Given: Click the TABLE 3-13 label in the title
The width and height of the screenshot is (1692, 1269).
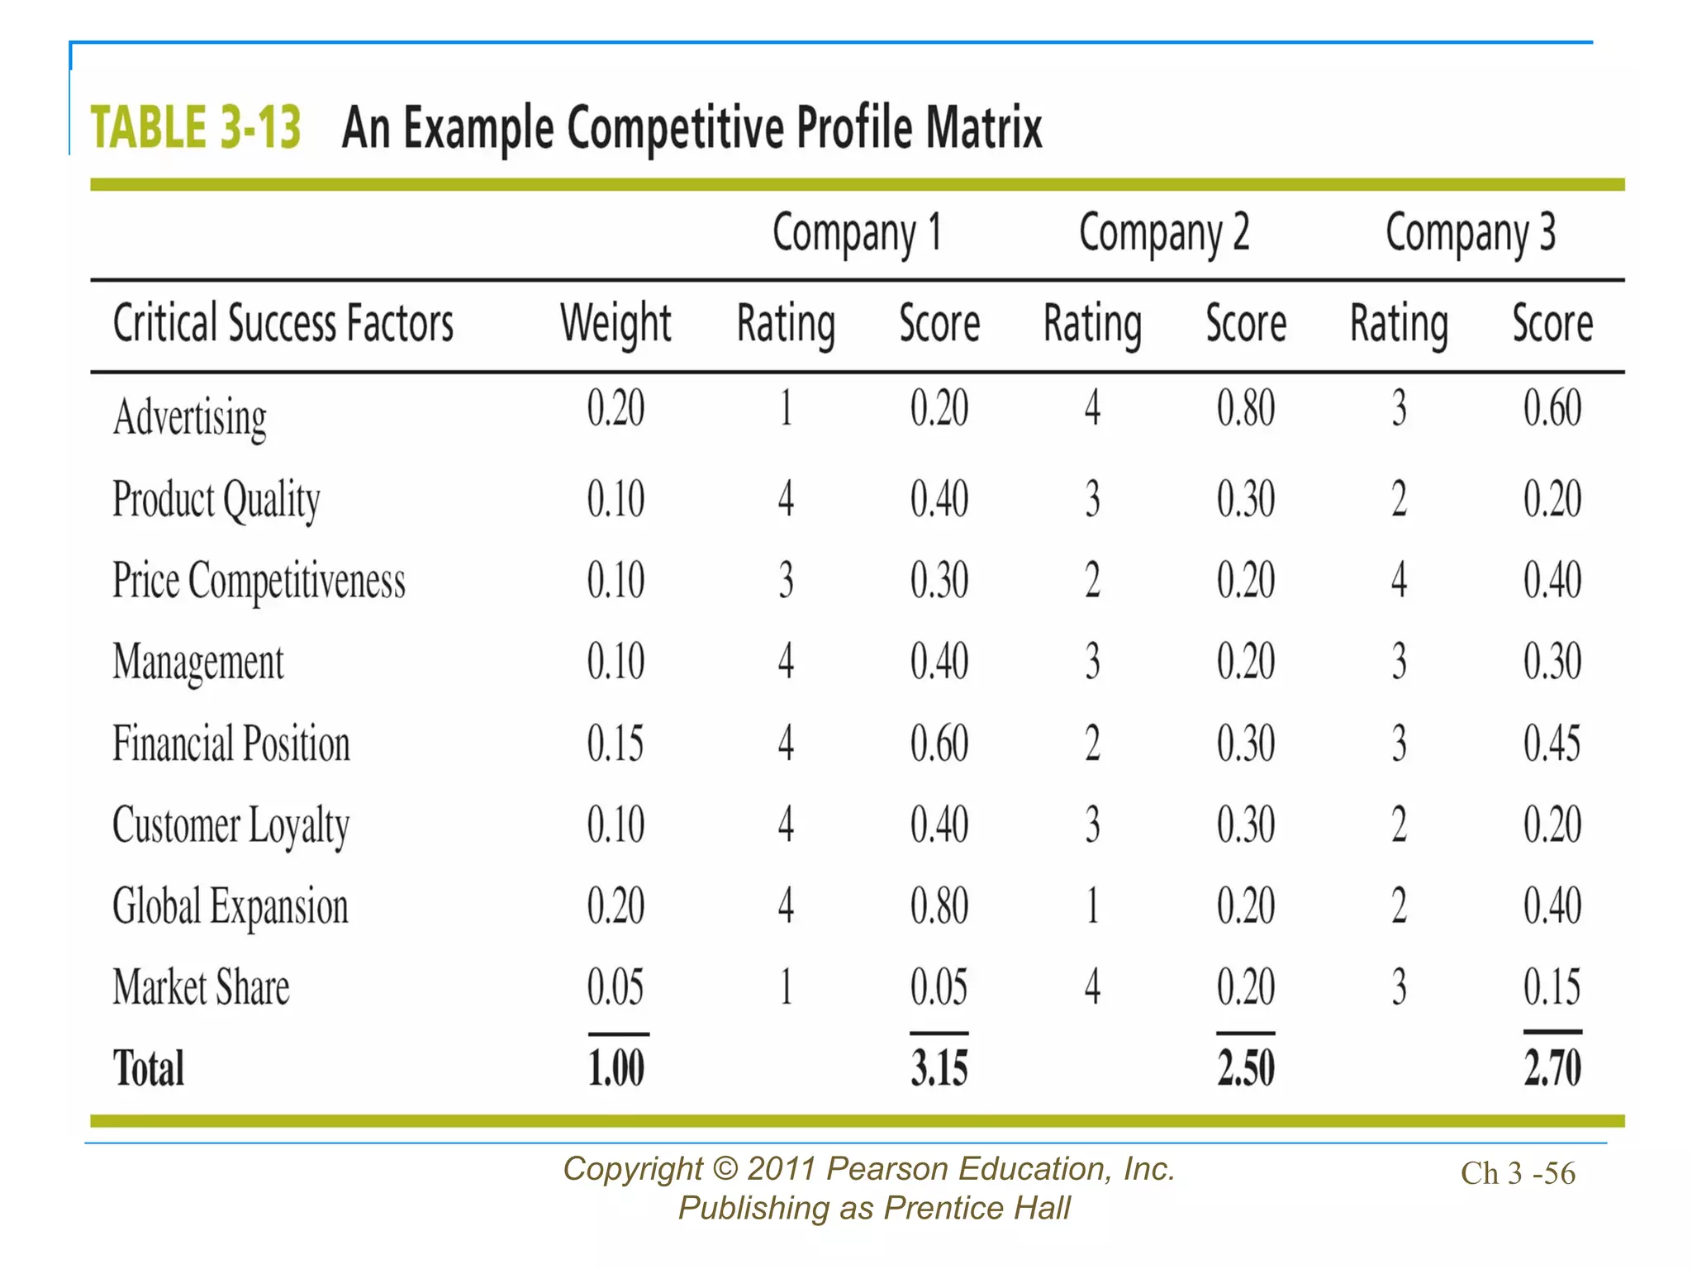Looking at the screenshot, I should [195, 128].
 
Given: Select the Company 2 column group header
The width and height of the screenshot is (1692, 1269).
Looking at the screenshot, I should [1163, 232].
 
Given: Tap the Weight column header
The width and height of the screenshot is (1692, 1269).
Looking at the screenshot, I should [615, 323].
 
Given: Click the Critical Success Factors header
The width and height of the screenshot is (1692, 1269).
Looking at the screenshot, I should [283, 323].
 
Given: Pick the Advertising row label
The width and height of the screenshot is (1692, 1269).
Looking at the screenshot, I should [189, 416].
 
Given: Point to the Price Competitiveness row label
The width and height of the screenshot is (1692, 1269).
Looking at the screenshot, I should [259, 580].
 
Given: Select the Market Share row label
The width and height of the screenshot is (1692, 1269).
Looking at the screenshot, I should [201, 987].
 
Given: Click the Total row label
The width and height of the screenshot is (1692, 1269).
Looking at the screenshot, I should [148, 1068].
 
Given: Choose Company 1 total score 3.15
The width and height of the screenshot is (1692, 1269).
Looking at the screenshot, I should [939, 1067].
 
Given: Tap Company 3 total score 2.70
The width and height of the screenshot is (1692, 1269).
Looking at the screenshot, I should [1552, 1067].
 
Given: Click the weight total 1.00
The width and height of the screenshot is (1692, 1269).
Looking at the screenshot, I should [615, 1067].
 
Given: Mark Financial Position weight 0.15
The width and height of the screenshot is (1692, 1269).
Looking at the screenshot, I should [615, 743].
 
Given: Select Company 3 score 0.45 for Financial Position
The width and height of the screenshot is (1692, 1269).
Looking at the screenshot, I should [1552, 743].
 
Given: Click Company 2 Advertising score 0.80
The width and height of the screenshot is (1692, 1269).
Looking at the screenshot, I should [1245, 408].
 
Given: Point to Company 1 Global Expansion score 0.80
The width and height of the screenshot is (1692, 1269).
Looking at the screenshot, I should [939, 905].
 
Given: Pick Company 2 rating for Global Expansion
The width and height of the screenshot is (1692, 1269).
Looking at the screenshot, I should [1092, 905].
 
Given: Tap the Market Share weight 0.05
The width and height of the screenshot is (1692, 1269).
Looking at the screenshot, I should [615, 987].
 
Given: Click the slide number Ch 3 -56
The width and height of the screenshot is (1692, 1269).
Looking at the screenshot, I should [1518, 1173].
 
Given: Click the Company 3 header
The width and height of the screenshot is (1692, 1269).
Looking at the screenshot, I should [1470, 232].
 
